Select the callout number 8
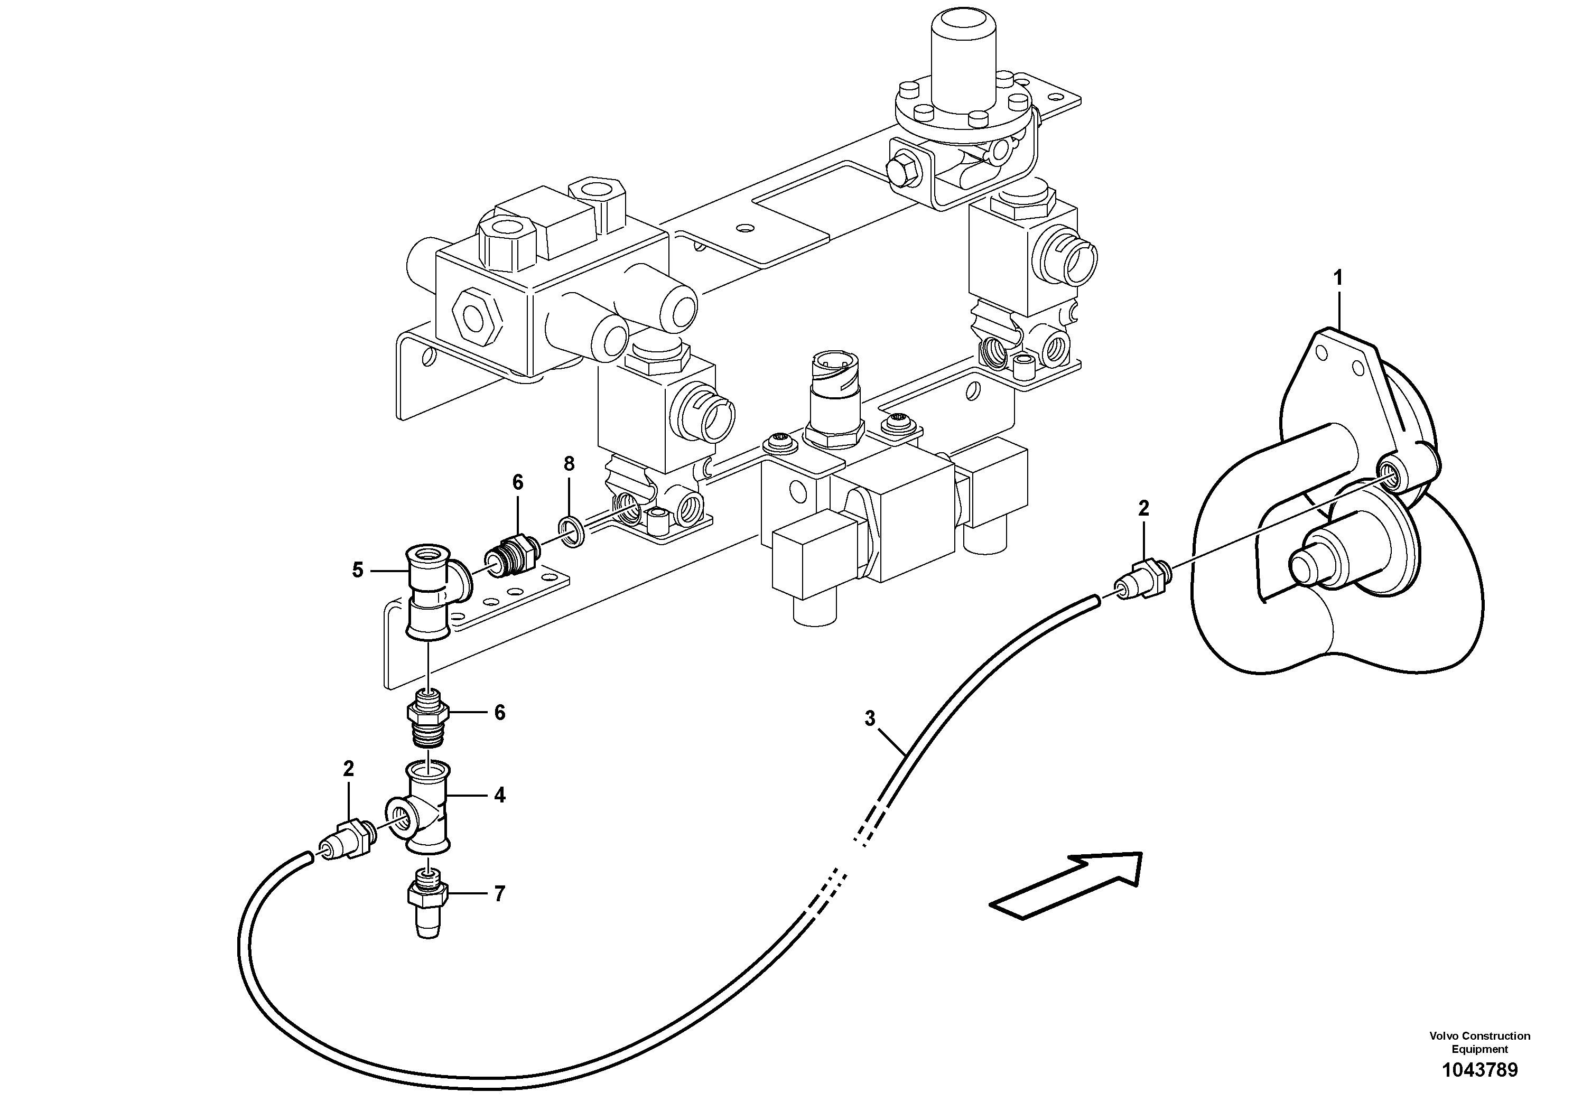(569, 464)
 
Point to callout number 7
(499, 894)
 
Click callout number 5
(358, 570)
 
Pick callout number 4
(499, 795)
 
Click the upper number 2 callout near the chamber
(1143, 508)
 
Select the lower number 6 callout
(499, 713)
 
